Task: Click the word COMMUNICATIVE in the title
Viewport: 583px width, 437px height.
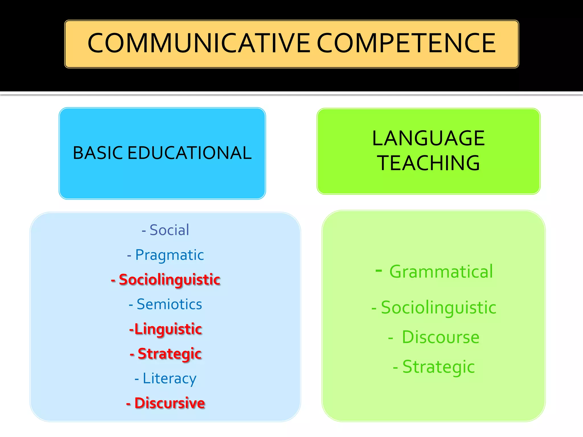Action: pyautogui.click(x=199, y=43)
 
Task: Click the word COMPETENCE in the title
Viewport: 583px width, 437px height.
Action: pyautogui.click(x=406, y=43)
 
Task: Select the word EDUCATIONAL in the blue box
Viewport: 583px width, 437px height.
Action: pyautogui.click(x=189, y=153)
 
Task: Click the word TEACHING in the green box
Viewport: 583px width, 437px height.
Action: pyautogui.click(x=428, y=163)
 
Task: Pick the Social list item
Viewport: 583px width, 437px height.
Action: pyautogui.click(x=169, y=230)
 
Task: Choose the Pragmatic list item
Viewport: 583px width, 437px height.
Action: pyautogui.click(x=169, y=255)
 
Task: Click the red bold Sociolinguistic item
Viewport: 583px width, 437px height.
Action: pyautogui.click(x=169, y=280)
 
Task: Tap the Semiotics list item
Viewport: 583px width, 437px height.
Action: pyautogui.click(x=169, y=304)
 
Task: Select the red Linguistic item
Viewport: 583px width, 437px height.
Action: pyautogui.click(x=168, y=329)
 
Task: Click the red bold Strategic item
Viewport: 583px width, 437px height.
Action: pyautogui.click(x=169, y=354)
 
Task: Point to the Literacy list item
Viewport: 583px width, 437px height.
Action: pyautogui.click(x=169, y=379)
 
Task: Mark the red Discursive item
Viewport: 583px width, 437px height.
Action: pyautogui.click(x=169, y=403)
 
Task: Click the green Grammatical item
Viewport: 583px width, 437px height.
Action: pyautogui.click(x=441, y=272)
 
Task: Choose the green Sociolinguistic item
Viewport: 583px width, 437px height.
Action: pyautogui.click(x=438, y=308)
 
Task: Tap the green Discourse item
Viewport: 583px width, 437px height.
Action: pyautogui.click(x=440, y=337)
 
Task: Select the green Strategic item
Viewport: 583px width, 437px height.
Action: pyautogui.click(x=438, y=367)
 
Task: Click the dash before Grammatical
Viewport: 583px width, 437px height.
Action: pyautogui.click(x=379, y=270)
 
